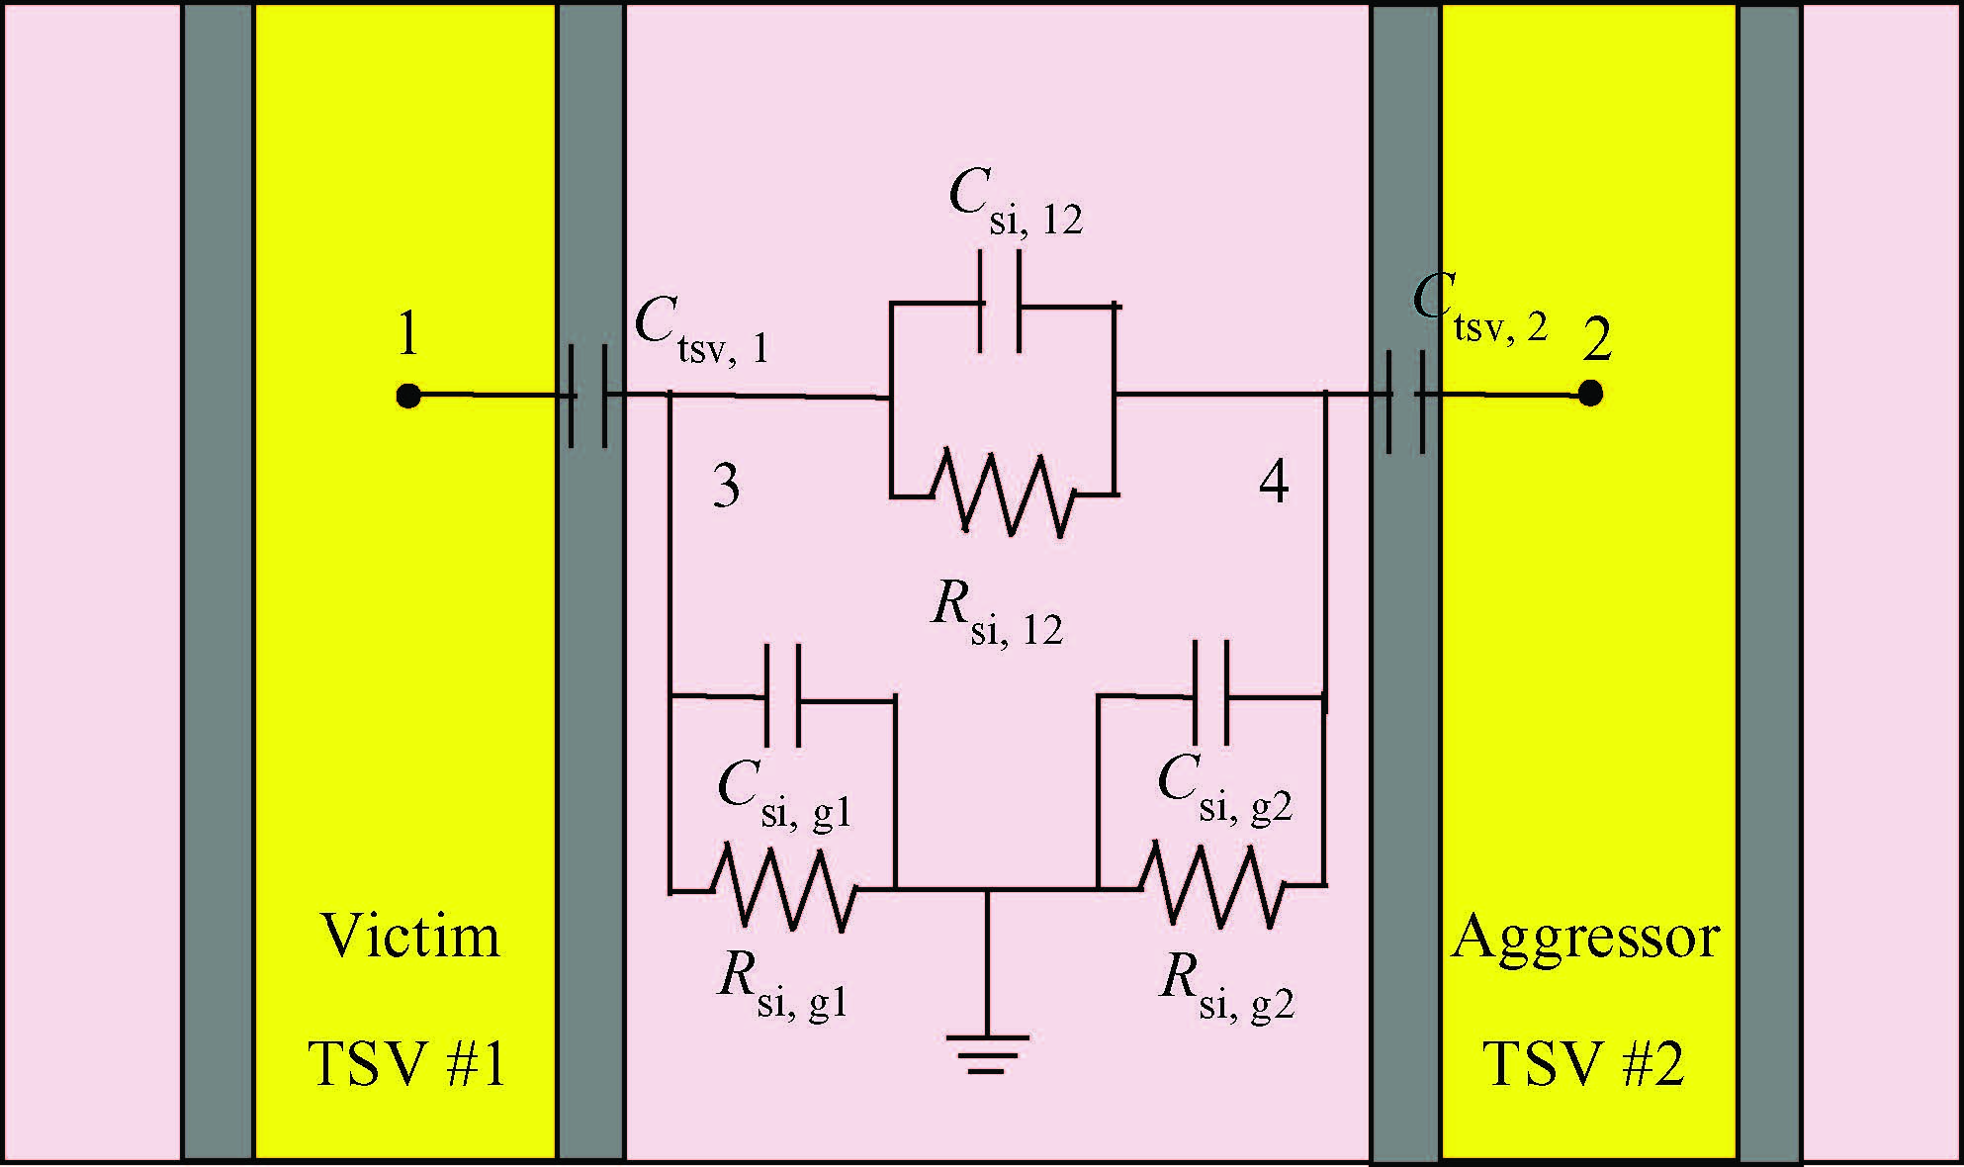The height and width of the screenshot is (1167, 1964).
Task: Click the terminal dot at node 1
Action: pyautogui.click(x=407, y=396)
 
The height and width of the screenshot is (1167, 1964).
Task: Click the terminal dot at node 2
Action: pyautogui.click(x=1590, y=394)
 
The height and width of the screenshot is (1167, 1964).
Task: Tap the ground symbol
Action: pyautogui.click(x=987, y=1054)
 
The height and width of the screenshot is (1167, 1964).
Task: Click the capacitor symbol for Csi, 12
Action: pyautogui.click(x=1000, y=303)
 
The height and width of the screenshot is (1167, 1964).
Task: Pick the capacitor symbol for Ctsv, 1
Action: pyautogui.click(x=589, y=396)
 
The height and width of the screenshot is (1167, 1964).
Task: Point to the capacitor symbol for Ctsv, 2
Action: pyautogui.click(x=1405, y=401)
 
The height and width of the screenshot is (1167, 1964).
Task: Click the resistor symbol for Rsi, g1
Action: pyautogui.click(x=785, y=887)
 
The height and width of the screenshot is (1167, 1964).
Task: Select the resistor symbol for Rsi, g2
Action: pyautogui.click(x=1213, y=885)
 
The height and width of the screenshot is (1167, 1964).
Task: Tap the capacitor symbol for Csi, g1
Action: pyautogui.click(x=783, y=694)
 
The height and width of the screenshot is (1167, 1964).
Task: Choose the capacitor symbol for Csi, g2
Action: pyautogui.click(x=1211, y=692)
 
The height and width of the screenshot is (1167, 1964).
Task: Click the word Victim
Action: pyautogui.click(x=410, y=936)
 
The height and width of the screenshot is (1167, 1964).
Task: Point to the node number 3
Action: pyautogui.click(x=727, y=486)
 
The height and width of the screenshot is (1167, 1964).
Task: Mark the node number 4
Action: pyautogui.click(x=1274, y=483)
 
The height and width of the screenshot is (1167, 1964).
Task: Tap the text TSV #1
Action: pyautogui.click(x=407, y=1064)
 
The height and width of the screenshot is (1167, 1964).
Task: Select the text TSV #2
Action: pyautogui.click(x=1583, y=1064)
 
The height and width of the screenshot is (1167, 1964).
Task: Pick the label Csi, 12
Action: pyautogui.click(x=1016, y=204)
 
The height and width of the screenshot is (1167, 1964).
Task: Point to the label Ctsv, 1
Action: pyautogui.click(x=701, y=332)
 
